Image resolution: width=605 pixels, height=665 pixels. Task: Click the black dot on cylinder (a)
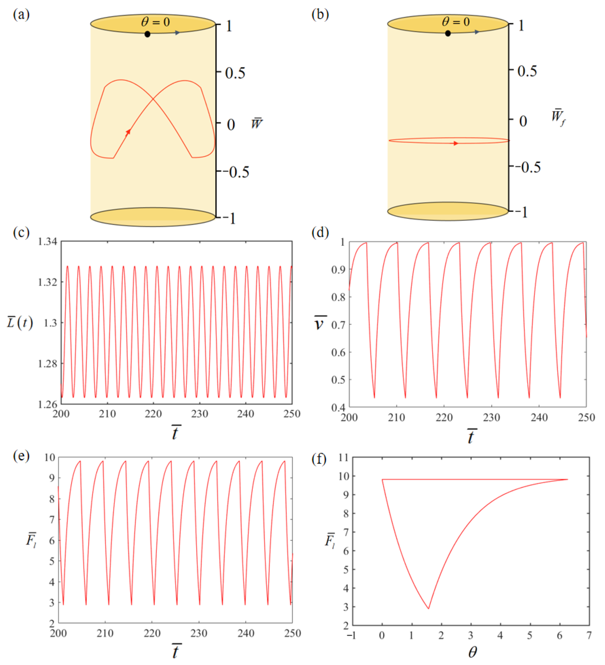(x=148, y=34)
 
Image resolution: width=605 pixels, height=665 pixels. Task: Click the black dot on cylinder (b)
(x=448, y=33)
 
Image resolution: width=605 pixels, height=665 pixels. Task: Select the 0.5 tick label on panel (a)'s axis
(x=235, y=73)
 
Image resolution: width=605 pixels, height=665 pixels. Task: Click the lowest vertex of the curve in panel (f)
(x=428, y=609)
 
